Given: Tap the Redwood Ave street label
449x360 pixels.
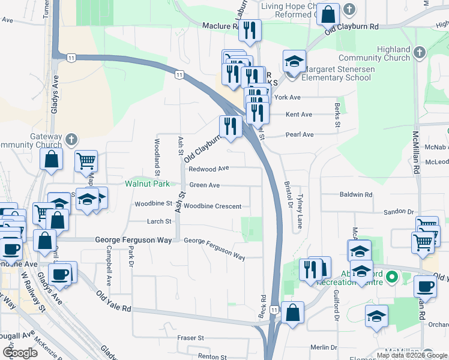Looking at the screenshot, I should [209, 169].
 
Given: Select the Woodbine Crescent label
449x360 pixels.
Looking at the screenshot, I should [212, 206].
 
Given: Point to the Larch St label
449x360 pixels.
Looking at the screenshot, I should [160, 221].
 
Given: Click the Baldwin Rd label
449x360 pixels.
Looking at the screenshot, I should [356, 195].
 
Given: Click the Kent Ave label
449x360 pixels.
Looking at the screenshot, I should [299, 115].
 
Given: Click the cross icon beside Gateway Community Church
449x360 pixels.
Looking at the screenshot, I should [71, 140].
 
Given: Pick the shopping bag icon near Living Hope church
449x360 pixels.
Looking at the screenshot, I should [329, 14].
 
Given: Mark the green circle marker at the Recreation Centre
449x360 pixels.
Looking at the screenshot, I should [392, 278].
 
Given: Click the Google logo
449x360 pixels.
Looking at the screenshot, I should [20, 353].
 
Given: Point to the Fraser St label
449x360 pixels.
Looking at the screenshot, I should [191, 338].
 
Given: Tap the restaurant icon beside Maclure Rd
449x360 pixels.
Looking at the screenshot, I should [250, 30].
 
